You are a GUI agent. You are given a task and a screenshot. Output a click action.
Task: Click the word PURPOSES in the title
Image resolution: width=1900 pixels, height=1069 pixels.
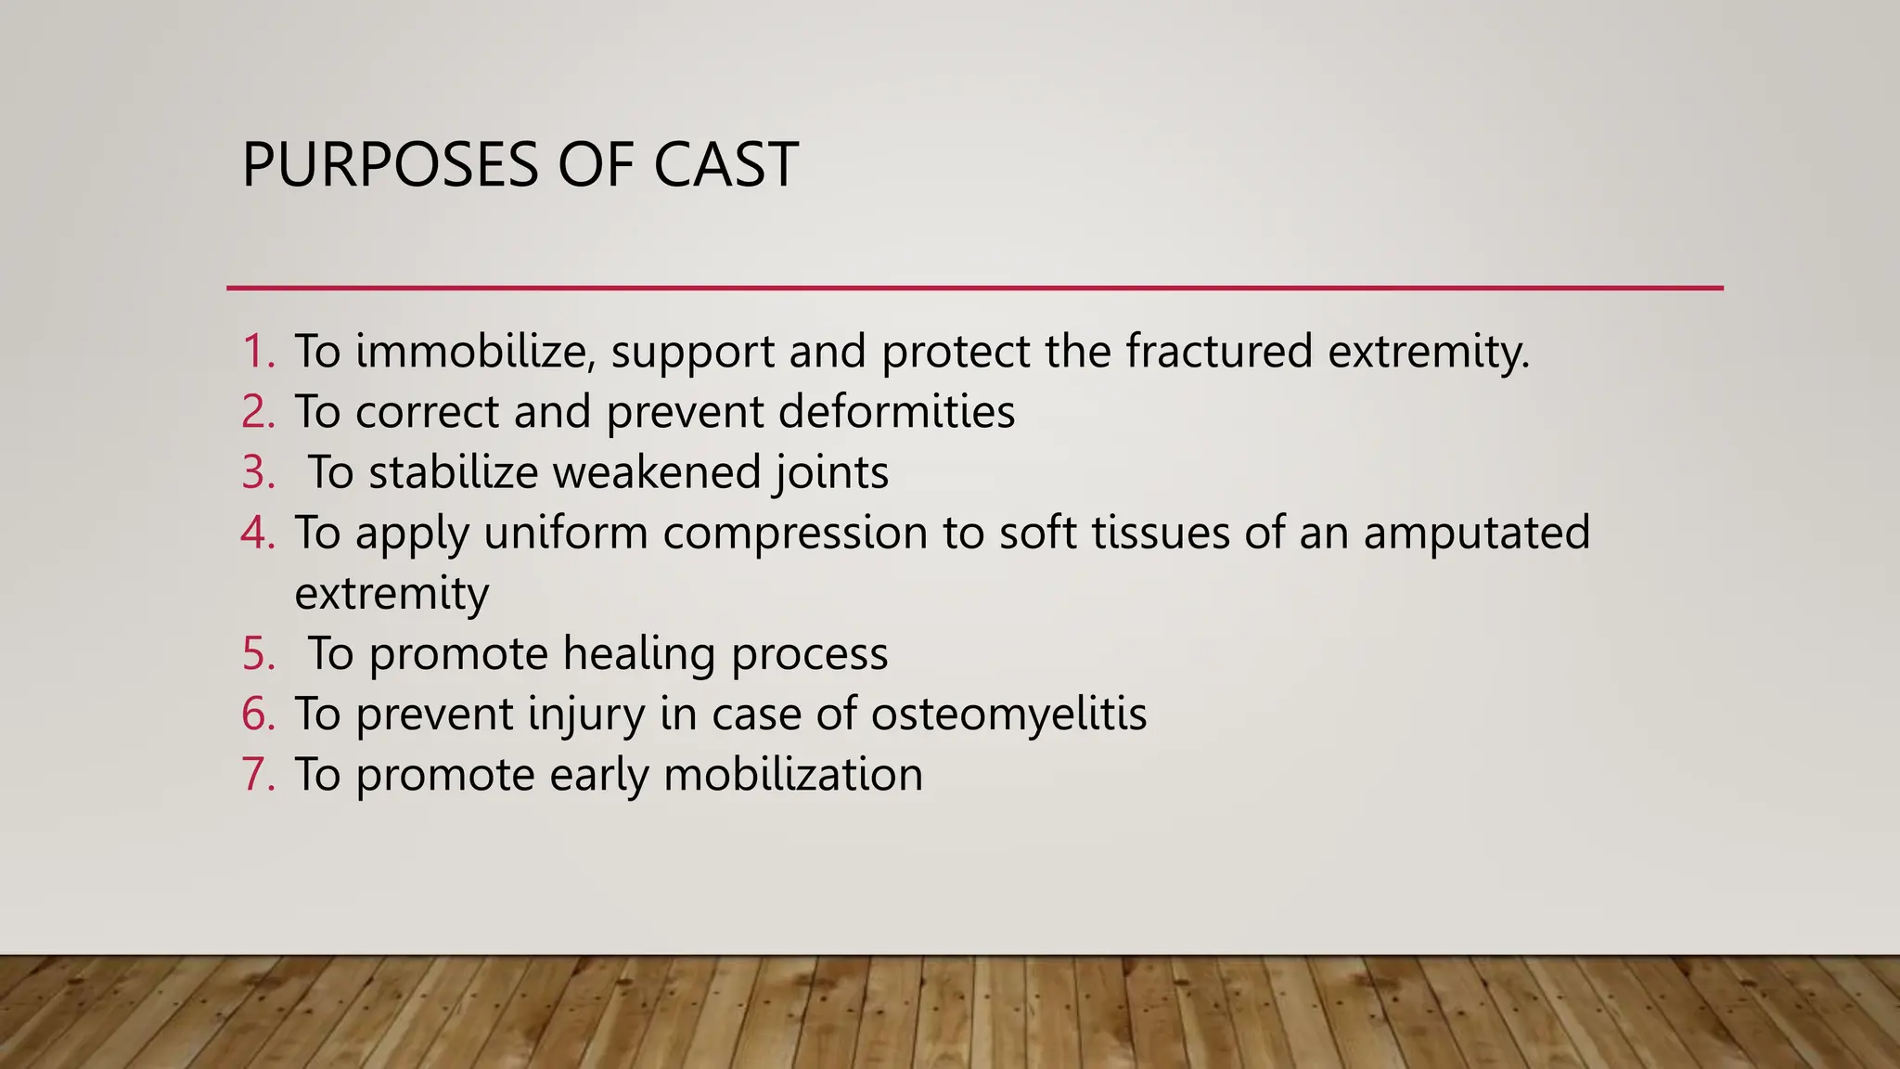tap(390, 165)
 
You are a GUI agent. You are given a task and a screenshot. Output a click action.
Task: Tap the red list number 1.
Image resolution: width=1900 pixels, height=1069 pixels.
tap(258, 352)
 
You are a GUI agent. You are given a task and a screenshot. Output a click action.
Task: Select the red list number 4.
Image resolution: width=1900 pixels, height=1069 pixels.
tap(258, 533)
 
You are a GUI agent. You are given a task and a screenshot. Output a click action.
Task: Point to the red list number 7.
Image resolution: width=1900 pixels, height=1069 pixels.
tap(258, 775)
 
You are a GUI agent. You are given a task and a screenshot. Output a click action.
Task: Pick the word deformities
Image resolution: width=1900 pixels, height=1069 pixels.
tap(896, 412)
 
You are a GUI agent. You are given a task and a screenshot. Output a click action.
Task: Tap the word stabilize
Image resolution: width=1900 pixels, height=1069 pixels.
tap(453, 472)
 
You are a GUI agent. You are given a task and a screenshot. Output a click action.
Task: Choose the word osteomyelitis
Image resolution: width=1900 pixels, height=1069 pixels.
tap(1008, 715)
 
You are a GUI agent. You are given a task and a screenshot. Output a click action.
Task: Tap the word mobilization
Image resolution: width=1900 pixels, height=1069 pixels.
tap(793, 775)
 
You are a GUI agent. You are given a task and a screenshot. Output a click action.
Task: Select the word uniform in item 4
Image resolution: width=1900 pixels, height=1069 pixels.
tap(565, 533)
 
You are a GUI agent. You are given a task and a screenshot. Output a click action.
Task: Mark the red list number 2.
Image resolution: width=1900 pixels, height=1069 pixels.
tap(258, 412)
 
